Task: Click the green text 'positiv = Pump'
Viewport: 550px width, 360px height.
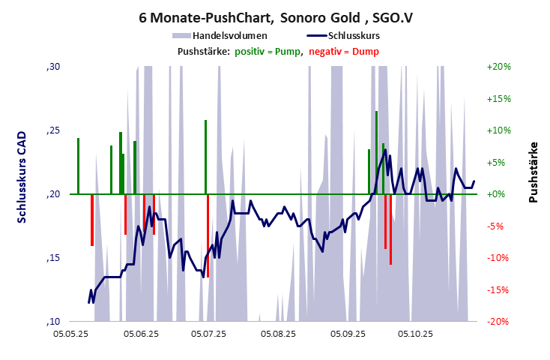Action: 268,51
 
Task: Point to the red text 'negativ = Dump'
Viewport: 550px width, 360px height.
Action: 344,51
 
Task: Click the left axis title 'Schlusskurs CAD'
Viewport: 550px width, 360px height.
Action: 22,174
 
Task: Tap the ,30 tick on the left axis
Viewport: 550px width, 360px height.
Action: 53,67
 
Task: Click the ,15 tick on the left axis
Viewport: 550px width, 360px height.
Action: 53,258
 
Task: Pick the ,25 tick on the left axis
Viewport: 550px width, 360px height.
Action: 53,130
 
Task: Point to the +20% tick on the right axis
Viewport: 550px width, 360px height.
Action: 498,67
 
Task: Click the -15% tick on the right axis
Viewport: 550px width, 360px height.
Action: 498,289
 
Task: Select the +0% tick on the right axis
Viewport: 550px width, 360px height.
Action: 498,194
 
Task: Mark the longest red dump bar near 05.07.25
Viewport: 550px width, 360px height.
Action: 208,235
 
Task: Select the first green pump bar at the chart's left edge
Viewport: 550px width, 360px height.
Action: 78,166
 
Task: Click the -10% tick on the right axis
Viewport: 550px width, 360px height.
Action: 498,258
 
